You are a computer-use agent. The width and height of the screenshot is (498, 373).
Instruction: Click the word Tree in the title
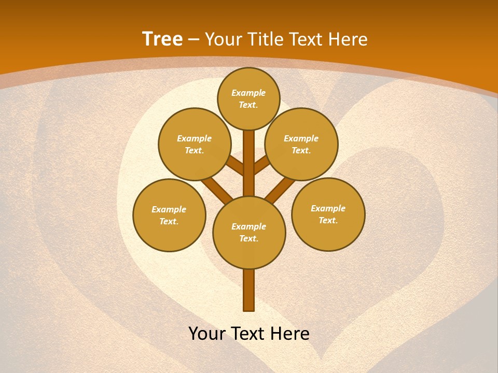(162, 39)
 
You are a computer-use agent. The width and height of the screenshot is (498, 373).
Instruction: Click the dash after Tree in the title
(194, 39)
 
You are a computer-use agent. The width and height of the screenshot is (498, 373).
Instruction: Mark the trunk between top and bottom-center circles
(249, 163)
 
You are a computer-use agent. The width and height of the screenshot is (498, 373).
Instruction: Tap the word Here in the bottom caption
(291, 334)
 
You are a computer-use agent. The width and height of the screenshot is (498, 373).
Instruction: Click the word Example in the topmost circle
(248, 93)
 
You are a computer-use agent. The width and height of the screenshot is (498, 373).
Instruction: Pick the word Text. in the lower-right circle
(328, 221)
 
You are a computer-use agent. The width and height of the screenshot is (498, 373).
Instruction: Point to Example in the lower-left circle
(169, 210)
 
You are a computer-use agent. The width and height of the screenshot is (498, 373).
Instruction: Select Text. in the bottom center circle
(248, 239)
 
